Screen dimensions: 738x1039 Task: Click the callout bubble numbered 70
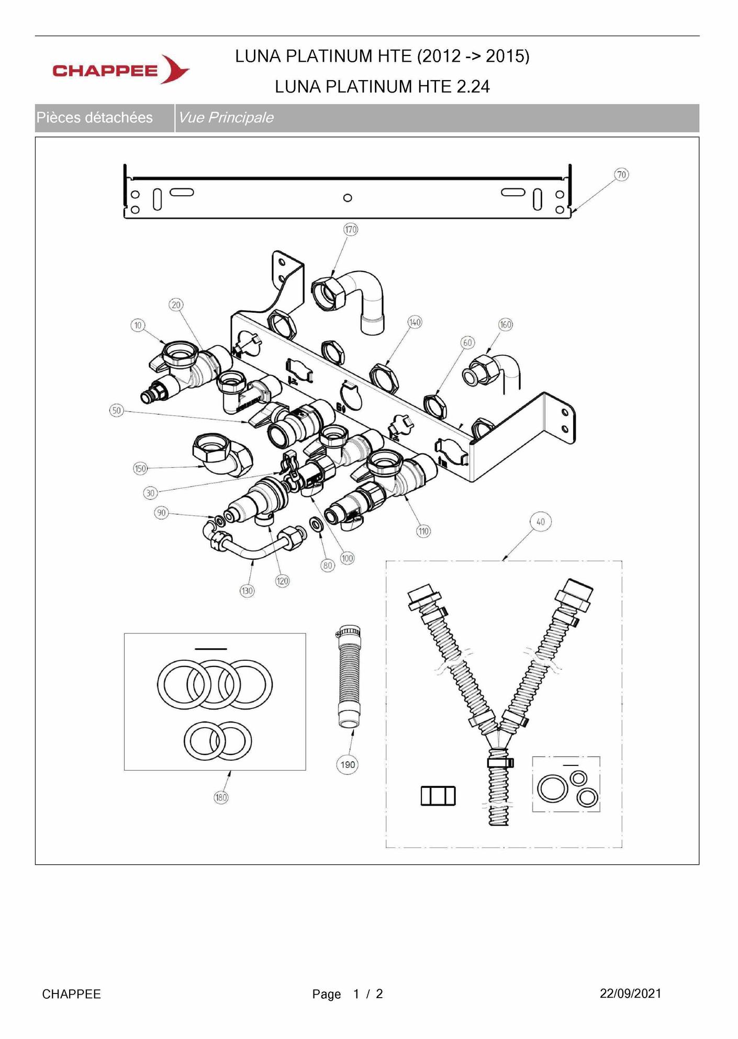pos(621,175)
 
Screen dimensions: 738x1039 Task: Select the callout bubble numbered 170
pos(351,229)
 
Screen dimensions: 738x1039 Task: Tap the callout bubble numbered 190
pos(348,765)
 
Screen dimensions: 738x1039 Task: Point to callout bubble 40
pos(541,522)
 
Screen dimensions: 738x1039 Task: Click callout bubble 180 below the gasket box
pos(221,797)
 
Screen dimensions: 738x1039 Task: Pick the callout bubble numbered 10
pos(138,325)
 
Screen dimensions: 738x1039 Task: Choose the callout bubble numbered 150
pos(140,468)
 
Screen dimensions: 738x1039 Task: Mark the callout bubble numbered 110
pos(423,532)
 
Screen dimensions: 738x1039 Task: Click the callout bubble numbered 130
pos(247,591)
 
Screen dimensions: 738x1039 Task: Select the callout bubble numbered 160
pos(506,324)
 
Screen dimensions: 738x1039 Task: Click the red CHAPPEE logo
pos(121,69)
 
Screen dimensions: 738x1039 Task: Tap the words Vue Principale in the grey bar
pos(226,118)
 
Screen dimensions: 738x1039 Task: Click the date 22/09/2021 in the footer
pos(631,993)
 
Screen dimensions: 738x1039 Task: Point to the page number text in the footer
pos(348,994)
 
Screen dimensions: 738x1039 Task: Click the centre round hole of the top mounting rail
pos(348,198)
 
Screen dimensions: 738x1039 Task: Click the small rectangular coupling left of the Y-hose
pos(438,796)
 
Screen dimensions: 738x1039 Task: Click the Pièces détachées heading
pos(95,118)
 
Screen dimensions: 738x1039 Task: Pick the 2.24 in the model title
pos(473,86)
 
